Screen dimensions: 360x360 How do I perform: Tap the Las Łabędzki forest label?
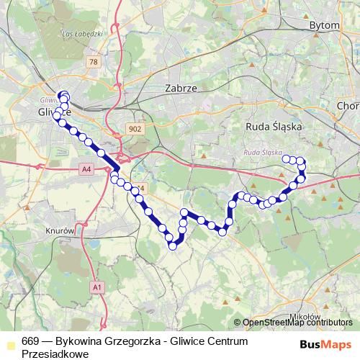[79, 34]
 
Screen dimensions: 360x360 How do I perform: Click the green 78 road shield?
[94, 63]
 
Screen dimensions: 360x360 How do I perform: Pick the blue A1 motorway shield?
[96, 287]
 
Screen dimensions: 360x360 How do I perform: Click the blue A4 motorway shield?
[86, 169]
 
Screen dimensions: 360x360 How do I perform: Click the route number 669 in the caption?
[30, 341]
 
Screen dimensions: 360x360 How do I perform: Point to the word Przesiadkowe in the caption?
[55, 354]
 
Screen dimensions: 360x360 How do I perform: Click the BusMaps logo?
[326, 344]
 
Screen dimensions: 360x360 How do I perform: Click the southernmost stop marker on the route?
[173, 246]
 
